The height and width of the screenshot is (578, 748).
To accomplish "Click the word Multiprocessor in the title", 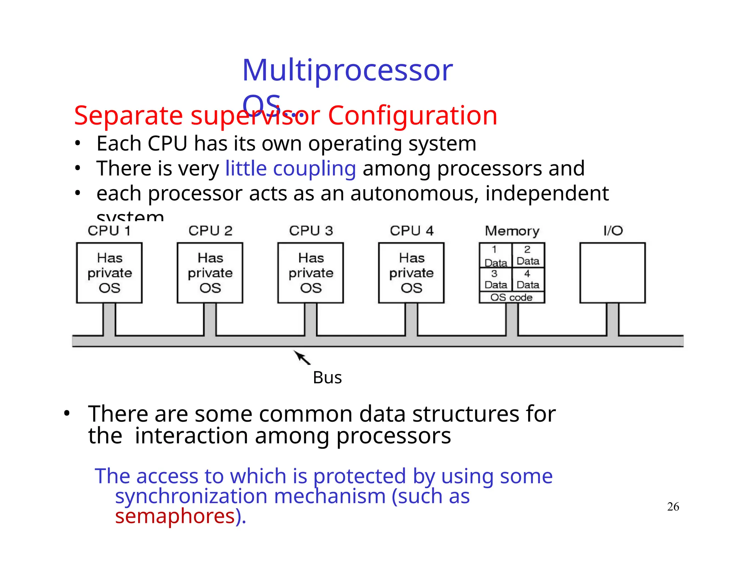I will click(x=347, y=70).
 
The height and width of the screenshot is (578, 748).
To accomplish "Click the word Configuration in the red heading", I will click(x=412, y=115).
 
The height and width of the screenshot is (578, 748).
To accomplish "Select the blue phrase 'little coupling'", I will click(x=290, y=168).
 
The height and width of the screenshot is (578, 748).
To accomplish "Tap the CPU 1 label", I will click(x=109, y=231).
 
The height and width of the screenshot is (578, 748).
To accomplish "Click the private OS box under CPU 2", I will click(x=210, y=273).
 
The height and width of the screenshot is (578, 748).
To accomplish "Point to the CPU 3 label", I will click(x=311, y=231).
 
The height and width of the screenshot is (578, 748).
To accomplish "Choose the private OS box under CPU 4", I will click(x=411, y=273).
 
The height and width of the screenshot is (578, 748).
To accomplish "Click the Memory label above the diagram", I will click(x=512, y=231).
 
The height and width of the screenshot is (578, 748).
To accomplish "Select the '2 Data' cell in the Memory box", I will click(x=528, y=255).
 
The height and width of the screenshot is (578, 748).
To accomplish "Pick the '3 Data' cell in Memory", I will click(x=495, y=279).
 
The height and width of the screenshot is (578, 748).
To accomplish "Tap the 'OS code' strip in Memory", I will click(x=511, y=297).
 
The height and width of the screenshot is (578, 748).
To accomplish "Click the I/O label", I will click(x=613, y=231).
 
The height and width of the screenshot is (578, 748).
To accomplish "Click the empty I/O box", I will click(x=612, y=273).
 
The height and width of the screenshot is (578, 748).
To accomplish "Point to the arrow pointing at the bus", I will click(x=302, y=358).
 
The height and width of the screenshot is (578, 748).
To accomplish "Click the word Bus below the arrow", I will click(x=327, y=378).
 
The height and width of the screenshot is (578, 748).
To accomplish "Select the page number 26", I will click(x=673, y=507).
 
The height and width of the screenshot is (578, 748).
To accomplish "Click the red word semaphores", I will click(x=175, y=516).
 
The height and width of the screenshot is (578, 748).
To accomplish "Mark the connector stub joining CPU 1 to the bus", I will click(x=109, y=319).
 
